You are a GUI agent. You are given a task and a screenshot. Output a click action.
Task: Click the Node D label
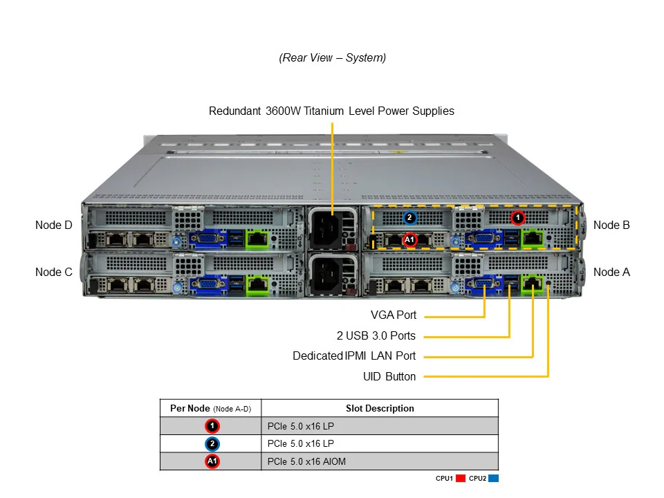(x=53, y=225)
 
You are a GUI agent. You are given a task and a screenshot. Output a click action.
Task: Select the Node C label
(x=53, y=272)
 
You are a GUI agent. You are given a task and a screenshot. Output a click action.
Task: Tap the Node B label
(x=611, y=225)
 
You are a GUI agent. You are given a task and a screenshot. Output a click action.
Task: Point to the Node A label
(x=611, y=272)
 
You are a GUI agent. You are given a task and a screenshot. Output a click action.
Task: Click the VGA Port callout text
(x=394, y=315)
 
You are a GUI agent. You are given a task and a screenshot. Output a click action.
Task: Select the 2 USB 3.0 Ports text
(x=376, y=336)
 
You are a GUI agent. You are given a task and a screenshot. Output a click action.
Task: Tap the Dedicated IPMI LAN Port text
(x=354, y=356)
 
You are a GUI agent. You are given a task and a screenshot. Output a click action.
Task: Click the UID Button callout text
(x=389, y=377)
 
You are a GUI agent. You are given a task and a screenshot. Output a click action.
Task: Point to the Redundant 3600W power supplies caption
(x=331, y=111)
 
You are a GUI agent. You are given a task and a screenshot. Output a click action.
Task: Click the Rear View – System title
(x=333, y=58)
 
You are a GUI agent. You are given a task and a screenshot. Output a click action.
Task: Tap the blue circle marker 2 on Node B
(x=409, y=218)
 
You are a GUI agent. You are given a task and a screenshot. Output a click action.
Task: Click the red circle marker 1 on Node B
(x=517, y=218)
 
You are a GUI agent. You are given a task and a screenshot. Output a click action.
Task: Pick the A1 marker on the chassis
(x=409, y=240)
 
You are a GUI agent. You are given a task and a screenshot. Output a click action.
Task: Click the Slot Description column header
(x=380, y=408)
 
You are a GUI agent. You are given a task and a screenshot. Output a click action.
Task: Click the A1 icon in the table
(x=212, y=461)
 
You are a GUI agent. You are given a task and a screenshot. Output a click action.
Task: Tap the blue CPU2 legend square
(x=493, y=479)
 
